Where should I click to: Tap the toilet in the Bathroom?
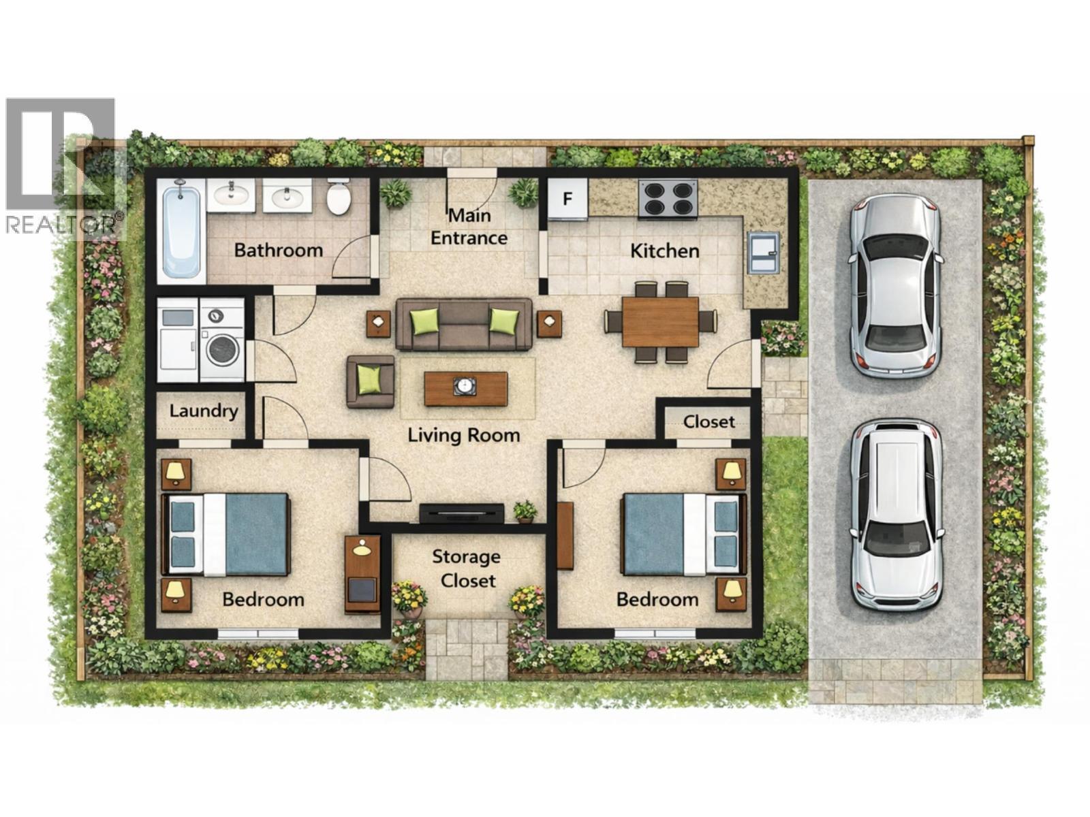click(x=339, y=198)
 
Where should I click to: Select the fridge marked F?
click(x=567, y=199)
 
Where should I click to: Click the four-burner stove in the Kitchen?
click(x=668, y=199)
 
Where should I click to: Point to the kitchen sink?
click(x=762, y=251)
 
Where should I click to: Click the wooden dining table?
click(x=660, y=321)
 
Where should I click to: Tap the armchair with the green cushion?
click(x=371, y=381)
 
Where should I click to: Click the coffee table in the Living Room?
click(x=465, y=388)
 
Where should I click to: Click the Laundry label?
click(x=203, y=411)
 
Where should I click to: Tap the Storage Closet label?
click(x=467, y=568)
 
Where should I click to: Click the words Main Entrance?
click(x=469, y=227)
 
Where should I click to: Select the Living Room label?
click(x=464, y=435)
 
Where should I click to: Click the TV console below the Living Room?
click(x=461, y=513)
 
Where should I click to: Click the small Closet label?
click(x=708, y=422)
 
